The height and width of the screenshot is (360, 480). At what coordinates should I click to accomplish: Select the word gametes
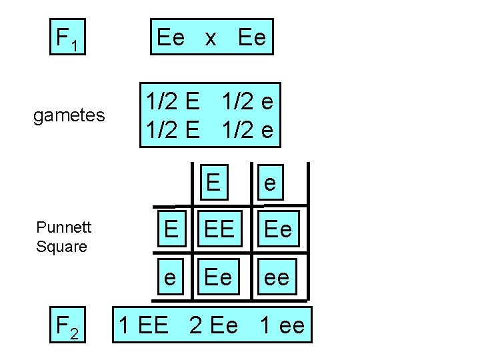click(x=69, y=116)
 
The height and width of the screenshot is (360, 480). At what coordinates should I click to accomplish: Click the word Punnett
click(x=64, y=227)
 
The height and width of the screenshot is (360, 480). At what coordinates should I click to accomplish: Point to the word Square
click(x=62, y=247)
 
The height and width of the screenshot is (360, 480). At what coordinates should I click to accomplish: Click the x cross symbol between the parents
click(x=211, y=38)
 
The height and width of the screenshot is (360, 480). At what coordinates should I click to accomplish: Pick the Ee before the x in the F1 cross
click(x=171, y=38)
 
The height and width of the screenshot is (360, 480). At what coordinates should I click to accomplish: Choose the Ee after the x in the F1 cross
click(x=251, y=38)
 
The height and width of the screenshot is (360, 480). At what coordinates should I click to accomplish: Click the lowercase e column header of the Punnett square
click(x=269, y=183)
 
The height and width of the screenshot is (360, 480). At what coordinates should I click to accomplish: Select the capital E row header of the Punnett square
click(x=171, y=229)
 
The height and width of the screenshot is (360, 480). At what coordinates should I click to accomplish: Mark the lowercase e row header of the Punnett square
click(x=171, y=275)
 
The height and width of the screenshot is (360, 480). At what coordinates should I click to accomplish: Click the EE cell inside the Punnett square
click(x=219, y=229)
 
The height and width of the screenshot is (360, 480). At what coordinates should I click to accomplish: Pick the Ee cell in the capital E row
click(x=277, y=229)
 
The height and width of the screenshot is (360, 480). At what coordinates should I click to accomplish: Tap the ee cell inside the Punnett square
click(x=277, y=275)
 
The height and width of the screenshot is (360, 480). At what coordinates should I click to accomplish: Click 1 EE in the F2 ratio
click(x=143, y=325)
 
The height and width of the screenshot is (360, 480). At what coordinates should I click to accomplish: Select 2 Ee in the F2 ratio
click(x=213, y=325)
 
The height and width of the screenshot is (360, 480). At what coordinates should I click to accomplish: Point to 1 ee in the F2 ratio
click(x=282, y=325)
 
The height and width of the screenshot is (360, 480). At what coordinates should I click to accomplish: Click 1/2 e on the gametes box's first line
click(x=247, y=103)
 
